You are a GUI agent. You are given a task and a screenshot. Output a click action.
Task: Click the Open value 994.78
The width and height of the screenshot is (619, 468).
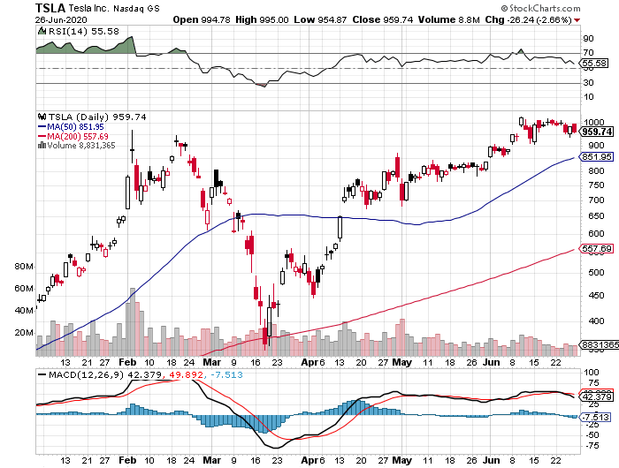pos(218,19)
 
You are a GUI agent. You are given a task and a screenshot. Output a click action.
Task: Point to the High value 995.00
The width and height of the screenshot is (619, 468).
pos(281,19)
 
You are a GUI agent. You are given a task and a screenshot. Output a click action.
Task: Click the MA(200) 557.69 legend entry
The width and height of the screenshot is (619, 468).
pos(77,136)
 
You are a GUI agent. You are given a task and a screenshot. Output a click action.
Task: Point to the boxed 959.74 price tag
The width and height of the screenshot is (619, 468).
pos(598,132)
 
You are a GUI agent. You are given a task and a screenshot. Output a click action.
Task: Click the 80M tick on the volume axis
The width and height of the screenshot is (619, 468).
pos(23,266)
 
